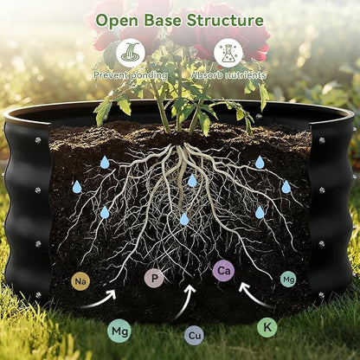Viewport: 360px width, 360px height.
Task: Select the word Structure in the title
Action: pyautogui.click(x=225, y=20)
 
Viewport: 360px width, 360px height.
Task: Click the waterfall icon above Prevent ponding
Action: pyautogui.click(x=131, y=53)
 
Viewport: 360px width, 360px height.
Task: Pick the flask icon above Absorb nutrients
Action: pyautogui.click(x=228, y=53)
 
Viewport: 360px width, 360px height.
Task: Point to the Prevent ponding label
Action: pyautogui.click(x=131, y=75)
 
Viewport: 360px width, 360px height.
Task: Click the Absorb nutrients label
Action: pyautogui.click(x=228, y=75)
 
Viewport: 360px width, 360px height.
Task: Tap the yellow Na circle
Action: pyautogui.click(x=80, y=281)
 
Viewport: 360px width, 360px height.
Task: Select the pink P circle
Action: pyautogui.click(x=154, y=278)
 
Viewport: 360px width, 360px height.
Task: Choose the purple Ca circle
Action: pyautogui.click(x=224, y=271)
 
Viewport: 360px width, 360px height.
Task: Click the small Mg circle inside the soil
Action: pyautogui.click(x=288, y=280)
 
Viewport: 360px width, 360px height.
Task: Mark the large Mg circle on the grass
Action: pyautogui.click(x=119, y=331)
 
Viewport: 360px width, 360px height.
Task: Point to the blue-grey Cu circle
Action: pyautogui.click(x=194, y=335)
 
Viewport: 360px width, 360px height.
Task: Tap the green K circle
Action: pyautogui.click(x=267, y=327)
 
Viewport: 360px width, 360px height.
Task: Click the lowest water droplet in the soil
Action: pyautogui.click(x=184, y=219)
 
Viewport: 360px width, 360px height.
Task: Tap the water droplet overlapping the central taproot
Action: pyautogui.click(x=192, y=181)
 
